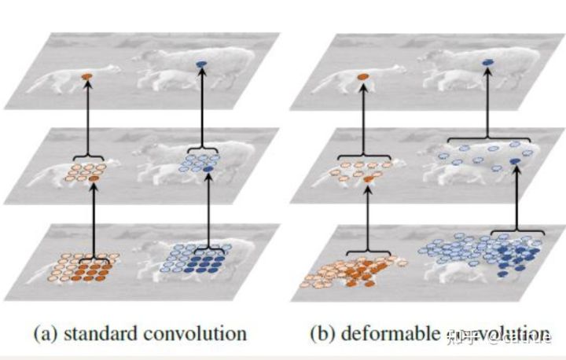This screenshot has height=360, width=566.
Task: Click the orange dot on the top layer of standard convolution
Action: click(x=87, y=75)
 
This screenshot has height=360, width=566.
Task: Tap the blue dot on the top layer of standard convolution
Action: click(x=201, y=64)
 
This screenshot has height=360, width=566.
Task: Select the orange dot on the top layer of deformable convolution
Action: click(x=362, y=75)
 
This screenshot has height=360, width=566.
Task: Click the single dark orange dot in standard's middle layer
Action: click(x=94, y=180)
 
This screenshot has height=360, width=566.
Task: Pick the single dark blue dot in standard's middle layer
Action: click(x=208, y=170)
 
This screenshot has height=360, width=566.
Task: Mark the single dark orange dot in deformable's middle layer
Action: click(x=369, y=181)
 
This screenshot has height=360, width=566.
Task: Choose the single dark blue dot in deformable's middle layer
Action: click(x=514, y=161)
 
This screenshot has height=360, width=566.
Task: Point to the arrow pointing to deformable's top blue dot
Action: click(x=487, y=102)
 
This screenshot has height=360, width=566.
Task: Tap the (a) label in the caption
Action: click(x=44, y=333)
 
